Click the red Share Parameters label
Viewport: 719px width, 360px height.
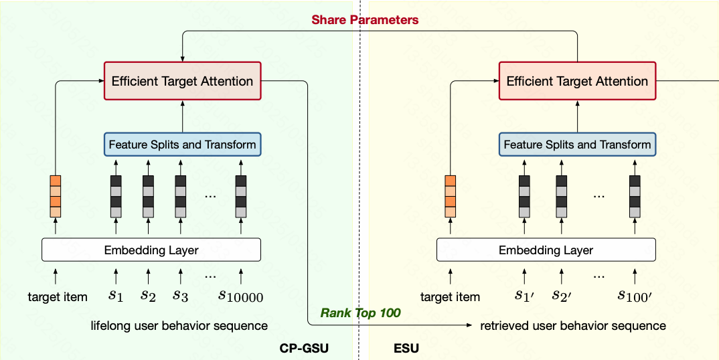pyautogui.click(x=365, y=20)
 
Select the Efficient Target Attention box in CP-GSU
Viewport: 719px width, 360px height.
pyautogui.click(x=182, y=82)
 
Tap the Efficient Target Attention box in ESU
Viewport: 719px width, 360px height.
pyautogui.click(x=577, y=82)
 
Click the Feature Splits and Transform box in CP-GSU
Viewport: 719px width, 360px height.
pyautogui.click(x=182, y=145)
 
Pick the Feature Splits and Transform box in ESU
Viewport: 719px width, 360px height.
pyautogui.click(x=577, y=145)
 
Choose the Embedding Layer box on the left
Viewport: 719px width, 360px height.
pyautogui.click(x=151, y=250)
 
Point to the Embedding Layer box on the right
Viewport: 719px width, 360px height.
pyautogui.click(x=546, y=250)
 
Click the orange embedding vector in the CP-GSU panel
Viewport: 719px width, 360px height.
pyautogui.click(x=56, y=196)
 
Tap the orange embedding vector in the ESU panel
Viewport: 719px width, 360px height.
pyautogui.click(x=451, y=196)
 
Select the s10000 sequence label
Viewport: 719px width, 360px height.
pyautogui.click(x=241, y=296)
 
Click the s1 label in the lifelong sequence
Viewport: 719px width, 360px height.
pyautogui.click(x=116, y=295)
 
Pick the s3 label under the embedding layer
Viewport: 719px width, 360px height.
pyautogui.click(x=179, y=295)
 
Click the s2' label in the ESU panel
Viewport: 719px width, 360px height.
pyautogui.click(x=561, y=295)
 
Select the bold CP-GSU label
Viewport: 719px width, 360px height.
pyautogui.click(x=305, y=349)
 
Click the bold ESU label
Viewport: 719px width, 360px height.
pyautogui.click(x=406, y=349)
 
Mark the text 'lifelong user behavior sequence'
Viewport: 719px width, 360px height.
pyautogui.click(x=179, y=326)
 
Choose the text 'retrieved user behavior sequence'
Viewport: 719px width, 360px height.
pyautogui.click(x=573, y=326)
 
